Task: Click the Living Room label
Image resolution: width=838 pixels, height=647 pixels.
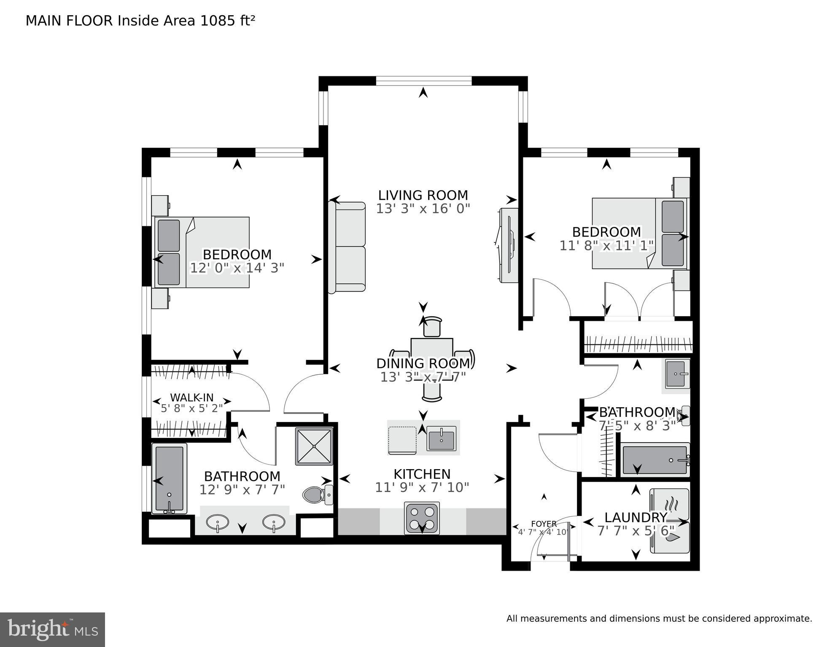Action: coord(423,195)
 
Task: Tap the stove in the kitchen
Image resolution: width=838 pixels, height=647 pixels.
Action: coord(421,518)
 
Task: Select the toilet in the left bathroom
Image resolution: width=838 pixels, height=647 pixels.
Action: coord(314,495)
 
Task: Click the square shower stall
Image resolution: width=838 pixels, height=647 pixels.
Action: coord(314,446)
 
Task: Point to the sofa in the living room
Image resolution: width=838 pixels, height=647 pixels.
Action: coord(347,247)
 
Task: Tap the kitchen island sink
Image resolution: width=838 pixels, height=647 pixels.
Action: coord(441,438)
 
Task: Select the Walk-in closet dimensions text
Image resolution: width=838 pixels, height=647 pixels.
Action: coord(191,408)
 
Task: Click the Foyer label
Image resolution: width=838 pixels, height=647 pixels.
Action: coord(544,524)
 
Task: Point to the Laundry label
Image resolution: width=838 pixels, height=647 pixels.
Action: coord(636,517)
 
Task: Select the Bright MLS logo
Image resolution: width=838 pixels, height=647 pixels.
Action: coord(52,629)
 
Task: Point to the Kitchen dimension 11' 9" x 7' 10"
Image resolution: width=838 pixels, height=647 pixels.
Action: coord(422,488)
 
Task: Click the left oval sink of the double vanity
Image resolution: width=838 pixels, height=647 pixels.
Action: coord(218,522)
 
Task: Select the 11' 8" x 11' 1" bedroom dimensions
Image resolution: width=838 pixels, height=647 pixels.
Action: coord(606,245)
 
